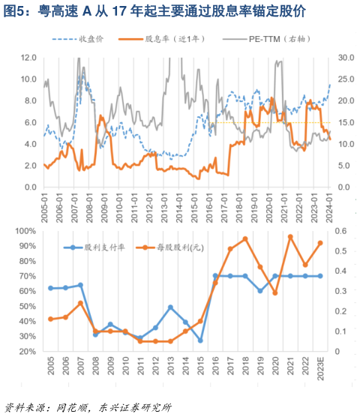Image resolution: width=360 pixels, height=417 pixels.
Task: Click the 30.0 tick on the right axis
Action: (x=346, y=57)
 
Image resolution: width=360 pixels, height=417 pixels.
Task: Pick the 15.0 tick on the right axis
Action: (x=346, y=122)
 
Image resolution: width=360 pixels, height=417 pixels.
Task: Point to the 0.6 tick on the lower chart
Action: (x=340, y=232)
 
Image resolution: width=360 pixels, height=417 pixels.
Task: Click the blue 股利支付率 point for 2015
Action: (x=200, y=340)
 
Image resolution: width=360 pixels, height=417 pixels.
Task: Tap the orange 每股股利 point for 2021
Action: (x=290, y=237)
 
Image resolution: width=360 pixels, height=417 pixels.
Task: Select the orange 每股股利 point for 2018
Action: (x=245, y=239)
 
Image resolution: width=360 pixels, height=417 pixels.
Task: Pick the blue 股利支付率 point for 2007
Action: (x=80, y=285)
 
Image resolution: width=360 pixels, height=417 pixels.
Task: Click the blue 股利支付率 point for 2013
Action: (x=170, y=307)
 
